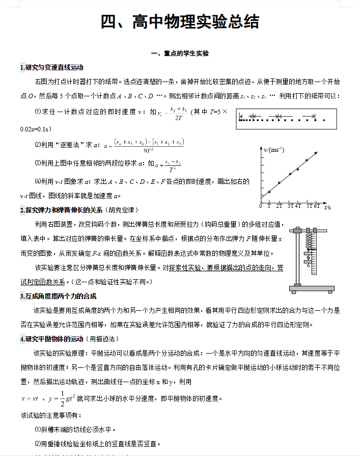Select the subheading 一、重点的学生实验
[x=180, y=53]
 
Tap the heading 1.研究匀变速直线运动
[x=51, y=67]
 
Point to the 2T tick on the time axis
[x=279, y=206]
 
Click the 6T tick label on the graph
[x=316, y=206]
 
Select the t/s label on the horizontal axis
[x=327, y=207]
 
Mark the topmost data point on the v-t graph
[x=316, y=152]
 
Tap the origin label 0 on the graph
[x=261, y=206]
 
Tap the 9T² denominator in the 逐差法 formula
[x=149, y=150]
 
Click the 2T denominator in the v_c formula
[x=179, y=118]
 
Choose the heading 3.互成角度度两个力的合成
[x=58, y=297]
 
